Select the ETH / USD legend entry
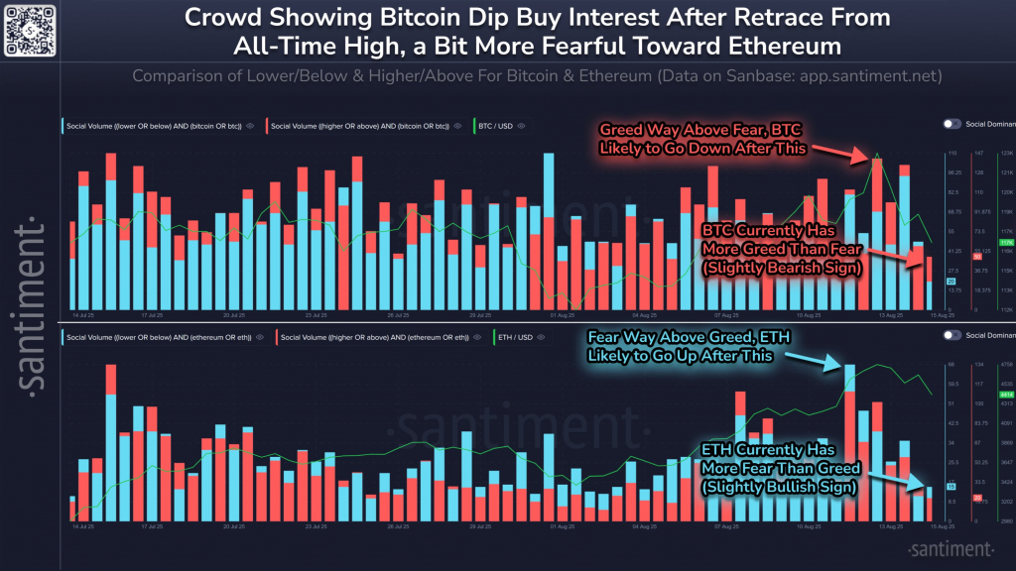click(521, 337)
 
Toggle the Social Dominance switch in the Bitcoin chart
click(952, 124)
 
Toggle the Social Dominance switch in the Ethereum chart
click(952, 335)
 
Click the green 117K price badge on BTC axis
click(1005, 242)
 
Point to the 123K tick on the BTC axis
click(1005, 154)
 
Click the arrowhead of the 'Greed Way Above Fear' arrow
click(872, 159)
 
